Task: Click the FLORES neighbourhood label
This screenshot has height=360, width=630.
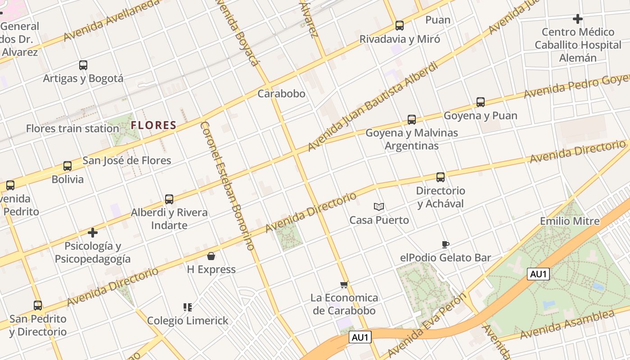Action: (x=153, y=125)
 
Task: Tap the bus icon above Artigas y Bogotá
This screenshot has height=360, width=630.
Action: (x=83, y=65)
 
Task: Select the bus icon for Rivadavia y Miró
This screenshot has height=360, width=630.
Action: (x=400, y=26)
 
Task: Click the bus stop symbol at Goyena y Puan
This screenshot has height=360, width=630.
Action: (x=481, y=102)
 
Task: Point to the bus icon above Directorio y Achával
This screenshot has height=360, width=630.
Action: (x=441, y=177)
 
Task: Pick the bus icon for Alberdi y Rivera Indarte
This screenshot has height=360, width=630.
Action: (x=169, y=199)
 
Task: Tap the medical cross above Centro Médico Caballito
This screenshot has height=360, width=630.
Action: (x=578, y=19)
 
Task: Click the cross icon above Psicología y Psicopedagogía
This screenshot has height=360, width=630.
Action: (x=93, y=233)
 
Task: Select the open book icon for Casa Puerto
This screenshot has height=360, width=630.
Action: (x=379, y=207)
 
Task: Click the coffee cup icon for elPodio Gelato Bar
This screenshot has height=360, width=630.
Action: (x=445, y=245)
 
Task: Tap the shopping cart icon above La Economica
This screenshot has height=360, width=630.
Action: (x=344, y=284)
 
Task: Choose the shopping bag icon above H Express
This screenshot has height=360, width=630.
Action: (x=211, y=256)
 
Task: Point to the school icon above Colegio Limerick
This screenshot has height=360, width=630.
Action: (x=188, y=307)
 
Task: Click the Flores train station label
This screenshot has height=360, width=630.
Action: (x=72, y=129)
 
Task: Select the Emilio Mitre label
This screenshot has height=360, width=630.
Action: (x=570, y=221)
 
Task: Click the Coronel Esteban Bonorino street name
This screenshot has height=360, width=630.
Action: (x=227, y=185)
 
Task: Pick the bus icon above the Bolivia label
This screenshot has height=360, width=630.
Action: (x=67, y=166)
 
